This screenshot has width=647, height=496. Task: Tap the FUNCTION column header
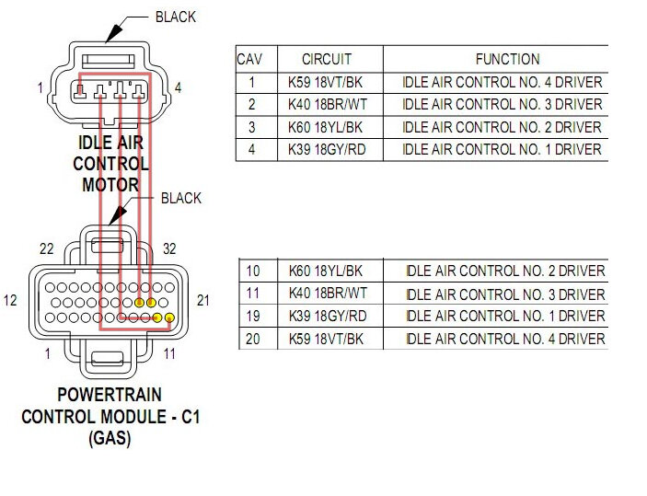507,58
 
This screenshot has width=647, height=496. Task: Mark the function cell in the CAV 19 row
505,316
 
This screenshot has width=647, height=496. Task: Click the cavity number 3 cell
250,127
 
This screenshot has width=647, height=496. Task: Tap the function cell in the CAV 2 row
502,104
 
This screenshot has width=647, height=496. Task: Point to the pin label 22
47,248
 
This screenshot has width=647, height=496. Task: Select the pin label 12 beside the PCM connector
10,301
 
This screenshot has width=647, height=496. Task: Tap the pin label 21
205,301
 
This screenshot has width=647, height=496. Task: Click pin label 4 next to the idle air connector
177,87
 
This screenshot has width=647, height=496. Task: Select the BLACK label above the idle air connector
175,17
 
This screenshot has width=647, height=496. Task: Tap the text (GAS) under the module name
110,438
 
